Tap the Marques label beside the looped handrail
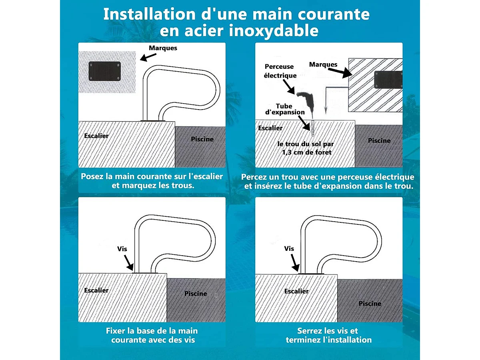[x=163, y=48]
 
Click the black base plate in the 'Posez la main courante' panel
[x=104, y=71]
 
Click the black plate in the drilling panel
[x=388, y=80]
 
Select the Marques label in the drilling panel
[x=323, y=64]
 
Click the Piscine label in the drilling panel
[x=379, y=140]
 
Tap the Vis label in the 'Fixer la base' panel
[x=122, y=249]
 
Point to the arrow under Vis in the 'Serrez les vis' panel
[x=295, y=263]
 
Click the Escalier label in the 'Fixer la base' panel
[x=96, y=290]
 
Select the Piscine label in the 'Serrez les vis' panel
[x=370, y=304]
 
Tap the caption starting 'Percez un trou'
[x=328, y=181]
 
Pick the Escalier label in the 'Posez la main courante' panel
[x=96, y=136]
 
